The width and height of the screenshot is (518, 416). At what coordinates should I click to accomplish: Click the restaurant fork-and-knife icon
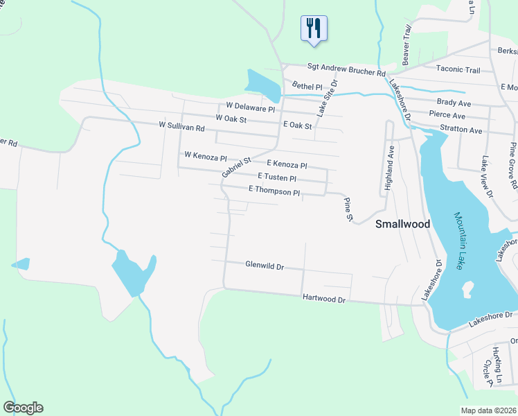314,28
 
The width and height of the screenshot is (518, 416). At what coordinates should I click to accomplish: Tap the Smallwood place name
402,224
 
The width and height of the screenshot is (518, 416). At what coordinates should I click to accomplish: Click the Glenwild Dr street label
265,265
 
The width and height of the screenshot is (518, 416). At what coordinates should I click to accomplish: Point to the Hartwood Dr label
323,299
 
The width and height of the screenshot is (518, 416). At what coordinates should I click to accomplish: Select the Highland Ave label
390,168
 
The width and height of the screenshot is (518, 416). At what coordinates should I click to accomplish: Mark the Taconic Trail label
458,69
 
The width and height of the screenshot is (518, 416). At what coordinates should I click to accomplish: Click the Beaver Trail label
407,46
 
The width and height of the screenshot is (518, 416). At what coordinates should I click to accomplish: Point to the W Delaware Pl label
251,108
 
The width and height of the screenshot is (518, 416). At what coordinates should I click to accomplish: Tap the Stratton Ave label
461,130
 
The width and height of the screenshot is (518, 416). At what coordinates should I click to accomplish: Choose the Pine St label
348,209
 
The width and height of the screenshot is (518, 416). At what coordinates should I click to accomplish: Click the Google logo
23,408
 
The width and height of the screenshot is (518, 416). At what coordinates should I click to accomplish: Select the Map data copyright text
489,410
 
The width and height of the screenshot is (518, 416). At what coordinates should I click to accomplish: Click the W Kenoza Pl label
205,155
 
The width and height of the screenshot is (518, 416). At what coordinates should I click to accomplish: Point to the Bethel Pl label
307,87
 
